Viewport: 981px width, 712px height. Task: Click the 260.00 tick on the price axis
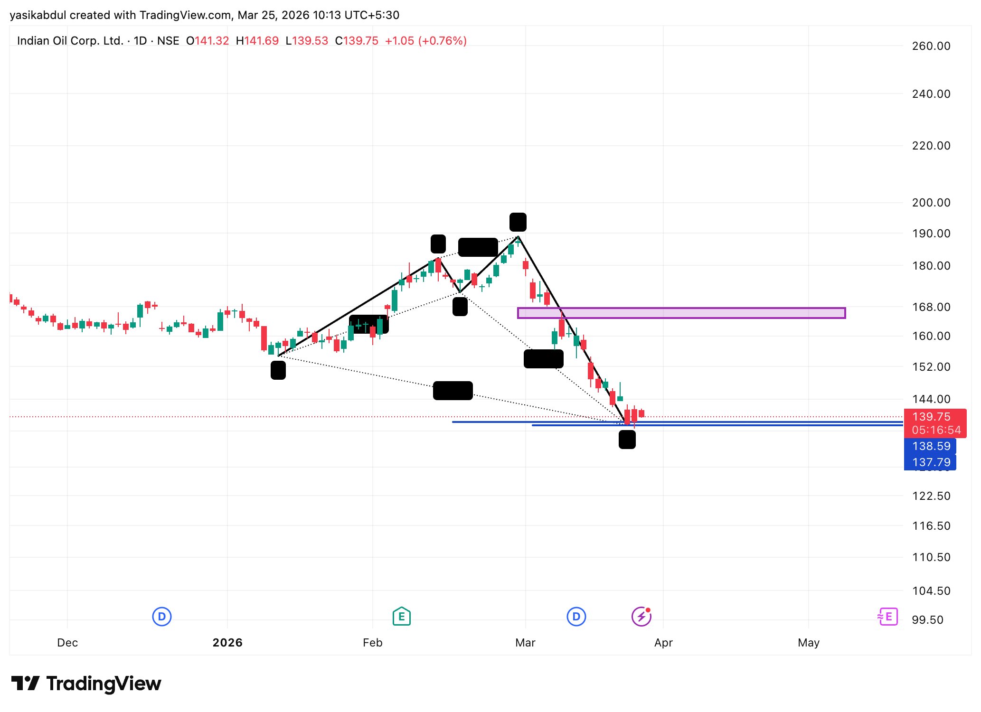931,46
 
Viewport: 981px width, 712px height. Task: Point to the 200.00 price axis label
931,203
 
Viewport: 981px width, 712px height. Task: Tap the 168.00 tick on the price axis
931,307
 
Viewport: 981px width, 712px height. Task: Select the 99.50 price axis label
927,620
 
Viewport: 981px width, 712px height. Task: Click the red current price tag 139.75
931,417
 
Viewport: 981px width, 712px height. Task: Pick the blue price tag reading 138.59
931,446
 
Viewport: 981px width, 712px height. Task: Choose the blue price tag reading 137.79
931,462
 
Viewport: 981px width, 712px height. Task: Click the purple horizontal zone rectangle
681,313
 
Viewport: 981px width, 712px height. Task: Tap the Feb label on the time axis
372,643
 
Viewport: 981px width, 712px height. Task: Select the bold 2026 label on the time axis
227,643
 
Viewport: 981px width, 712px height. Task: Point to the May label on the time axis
808,643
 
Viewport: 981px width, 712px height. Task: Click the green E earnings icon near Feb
401,617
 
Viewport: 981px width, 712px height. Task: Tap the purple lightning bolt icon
641,617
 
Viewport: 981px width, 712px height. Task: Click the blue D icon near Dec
161,617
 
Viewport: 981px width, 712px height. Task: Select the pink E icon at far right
888,617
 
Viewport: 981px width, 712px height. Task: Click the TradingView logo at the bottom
86,684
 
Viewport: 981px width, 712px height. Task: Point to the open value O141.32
208,41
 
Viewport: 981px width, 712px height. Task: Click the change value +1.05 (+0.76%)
425,41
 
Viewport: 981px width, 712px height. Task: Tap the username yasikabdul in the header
38,15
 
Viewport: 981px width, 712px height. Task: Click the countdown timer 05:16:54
936,430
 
